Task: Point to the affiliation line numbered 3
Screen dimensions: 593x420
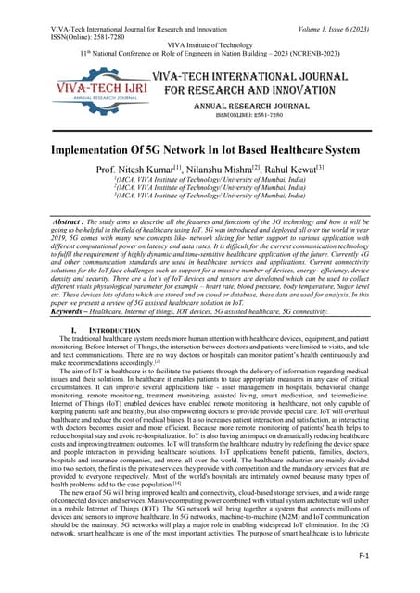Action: [x=210, y=200]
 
